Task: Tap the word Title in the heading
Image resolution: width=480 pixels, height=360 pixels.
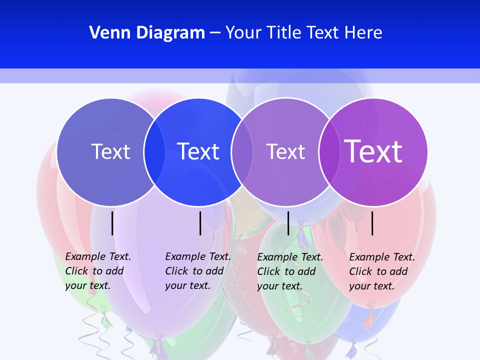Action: [x=284, y=33]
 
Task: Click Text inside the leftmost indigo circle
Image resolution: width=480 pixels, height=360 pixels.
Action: [x=110, y=151]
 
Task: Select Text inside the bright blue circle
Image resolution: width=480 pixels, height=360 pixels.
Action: [x=198, y=151]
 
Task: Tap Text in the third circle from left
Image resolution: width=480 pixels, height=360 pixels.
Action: [x=285, y=151]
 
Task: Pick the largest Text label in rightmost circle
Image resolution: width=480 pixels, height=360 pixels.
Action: [x=373, y=151]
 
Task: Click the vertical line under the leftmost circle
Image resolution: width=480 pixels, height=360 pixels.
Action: [x=112, y=223]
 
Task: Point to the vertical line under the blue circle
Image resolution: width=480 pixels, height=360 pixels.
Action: [x=200, y=223]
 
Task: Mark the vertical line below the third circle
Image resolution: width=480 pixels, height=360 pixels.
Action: [x=288, y=223]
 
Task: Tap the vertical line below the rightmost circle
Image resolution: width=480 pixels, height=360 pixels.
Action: [x=372, y=223]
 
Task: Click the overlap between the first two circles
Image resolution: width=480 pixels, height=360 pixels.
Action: [x=154, y=151]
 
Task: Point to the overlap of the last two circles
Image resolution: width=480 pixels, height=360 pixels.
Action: [x=328, y=151]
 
